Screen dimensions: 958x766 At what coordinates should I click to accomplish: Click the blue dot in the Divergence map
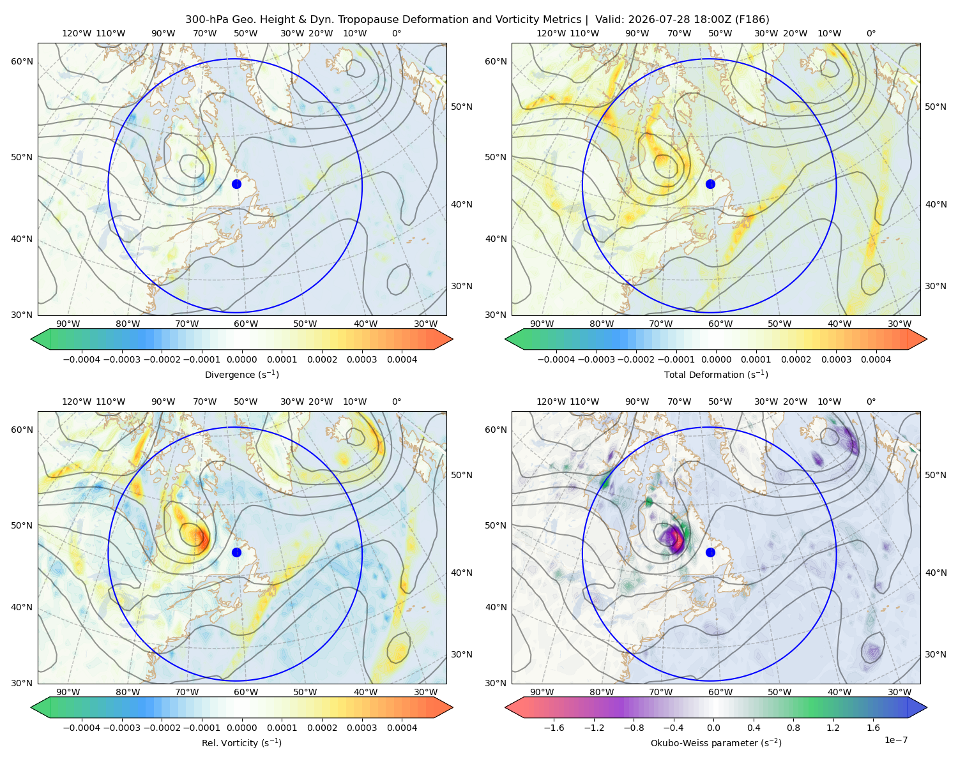click(236, 184)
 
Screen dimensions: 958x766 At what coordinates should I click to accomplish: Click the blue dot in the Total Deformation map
click(710, 184)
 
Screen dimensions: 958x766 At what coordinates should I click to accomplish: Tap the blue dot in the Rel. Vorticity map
click(236, 552)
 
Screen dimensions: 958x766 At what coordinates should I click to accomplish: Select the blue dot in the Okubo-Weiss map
click(710, 552)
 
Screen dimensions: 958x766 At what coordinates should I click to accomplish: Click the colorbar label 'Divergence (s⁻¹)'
click(241, 374)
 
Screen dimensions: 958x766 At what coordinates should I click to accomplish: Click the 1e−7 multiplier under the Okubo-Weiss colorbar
click(895, 740)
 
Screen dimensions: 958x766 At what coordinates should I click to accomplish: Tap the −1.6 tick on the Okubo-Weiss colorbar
click(554, 727)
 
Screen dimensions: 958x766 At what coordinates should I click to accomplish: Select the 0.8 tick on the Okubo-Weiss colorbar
click(793, 727)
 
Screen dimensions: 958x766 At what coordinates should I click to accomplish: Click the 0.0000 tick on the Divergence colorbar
click(241, 359)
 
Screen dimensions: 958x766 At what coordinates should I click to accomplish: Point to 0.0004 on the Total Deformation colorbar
click(876, 359)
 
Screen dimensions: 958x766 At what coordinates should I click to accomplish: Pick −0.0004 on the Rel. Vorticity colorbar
click(82, 727)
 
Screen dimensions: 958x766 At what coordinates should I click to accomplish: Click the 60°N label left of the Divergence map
click(22, 61)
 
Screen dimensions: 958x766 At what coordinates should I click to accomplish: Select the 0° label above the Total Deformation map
click(871, 33)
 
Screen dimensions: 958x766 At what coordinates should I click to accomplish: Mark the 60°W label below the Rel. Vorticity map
click(246, 692)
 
